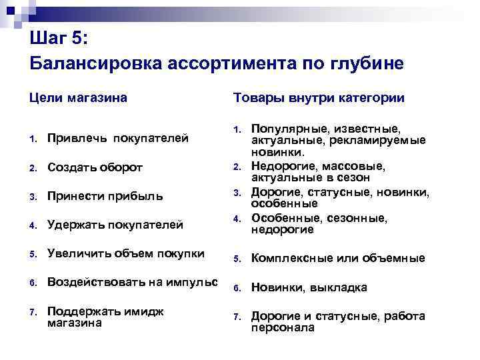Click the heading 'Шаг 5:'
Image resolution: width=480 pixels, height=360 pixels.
point(59,38)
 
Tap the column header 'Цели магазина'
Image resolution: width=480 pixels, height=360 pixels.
point(78,98)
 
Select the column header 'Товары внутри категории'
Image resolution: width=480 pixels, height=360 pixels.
point(319,98)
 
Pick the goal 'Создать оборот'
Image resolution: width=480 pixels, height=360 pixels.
point(95,167)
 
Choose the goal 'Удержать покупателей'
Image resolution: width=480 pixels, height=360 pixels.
point(115,225)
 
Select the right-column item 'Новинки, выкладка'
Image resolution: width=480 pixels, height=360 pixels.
point(309,287)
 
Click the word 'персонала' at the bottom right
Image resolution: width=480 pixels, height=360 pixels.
point(282,328)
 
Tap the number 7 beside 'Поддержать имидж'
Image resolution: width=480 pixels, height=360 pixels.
point(33,312)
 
